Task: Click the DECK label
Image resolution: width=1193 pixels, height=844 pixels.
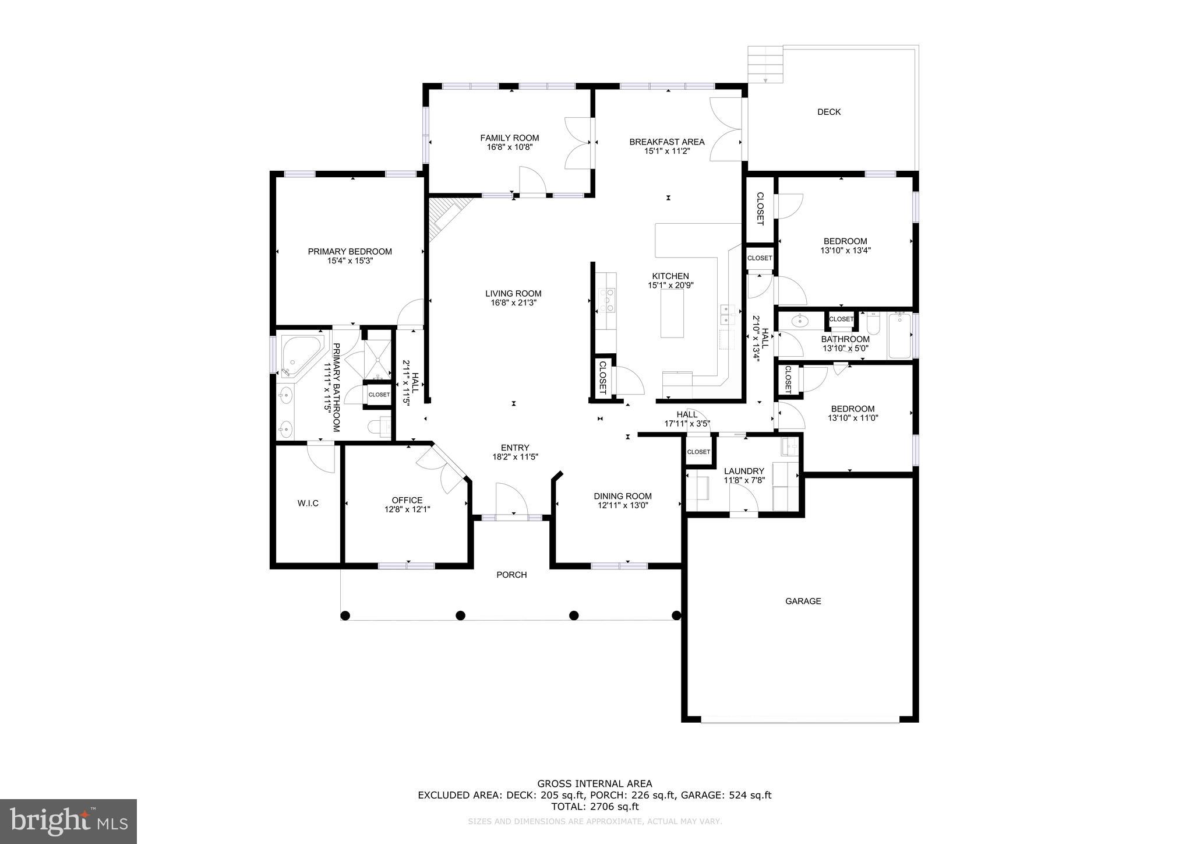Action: click(828, 112)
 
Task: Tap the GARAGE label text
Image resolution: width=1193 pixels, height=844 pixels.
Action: click(803, 601)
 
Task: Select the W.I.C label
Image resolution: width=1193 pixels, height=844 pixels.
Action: click(308, 503)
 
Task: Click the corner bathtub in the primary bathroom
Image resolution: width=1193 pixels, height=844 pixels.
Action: click(299, 354)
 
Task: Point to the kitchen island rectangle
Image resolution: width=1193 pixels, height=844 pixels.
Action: click(672, 313)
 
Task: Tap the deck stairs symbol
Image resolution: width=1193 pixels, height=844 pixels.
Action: click(765, 64)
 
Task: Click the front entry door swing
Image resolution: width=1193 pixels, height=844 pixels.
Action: click(511, 499)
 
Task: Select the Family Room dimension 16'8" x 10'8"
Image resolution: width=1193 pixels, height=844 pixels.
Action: click(510, 147)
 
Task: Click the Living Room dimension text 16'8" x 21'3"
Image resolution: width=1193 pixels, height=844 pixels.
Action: click(513, 303)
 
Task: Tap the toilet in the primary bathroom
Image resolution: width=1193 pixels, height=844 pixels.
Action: click(379, 427)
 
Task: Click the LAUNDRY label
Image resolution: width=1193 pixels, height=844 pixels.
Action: click(744, 471)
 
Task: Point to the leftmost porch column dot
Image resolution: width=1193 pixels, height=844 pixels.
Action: click(345, 615)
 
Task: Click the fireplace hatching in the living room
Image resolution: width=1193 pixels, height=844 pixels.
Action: click(443, 216)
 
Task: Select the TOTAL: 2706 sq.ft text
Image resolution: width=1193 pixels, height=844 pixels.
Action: click(594, 807)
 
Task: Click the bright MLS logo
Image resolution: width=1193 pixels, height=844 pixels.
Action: click(68, 821)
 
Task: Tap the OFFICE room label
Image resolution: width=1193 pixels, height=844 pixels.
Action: click(407, 500)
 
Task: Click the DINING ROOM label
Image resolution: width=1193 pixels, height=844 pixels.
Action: click(622, 496)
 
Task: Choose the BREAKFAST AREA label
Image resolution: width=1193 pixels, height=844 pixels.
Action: click(666, 142)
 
